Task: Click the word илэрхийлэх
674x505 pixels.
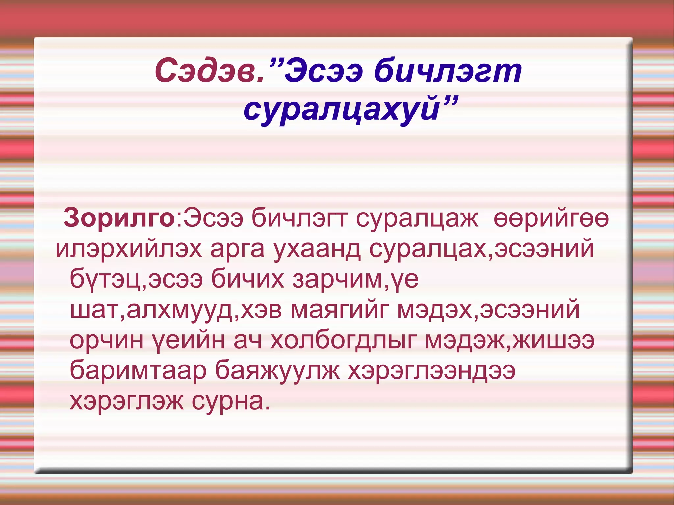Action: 128,249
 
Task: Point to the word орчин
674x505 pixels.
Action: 107,340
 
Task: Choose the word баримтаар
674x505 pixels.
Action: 138,371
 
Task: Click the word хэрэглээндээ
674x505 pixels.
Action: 431,371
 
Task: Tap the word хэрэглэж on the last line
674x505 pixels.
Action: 127,401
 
